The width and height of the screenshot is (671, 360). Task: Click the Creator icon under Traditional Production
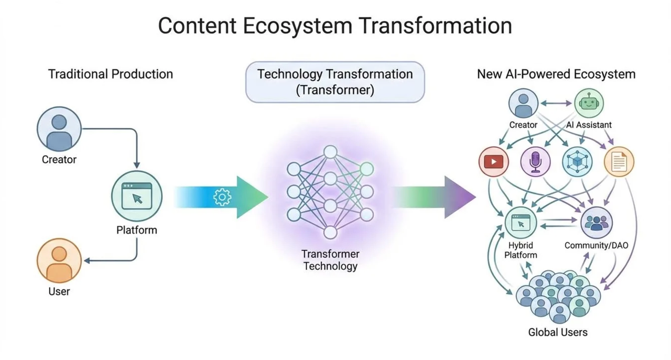(59, 128)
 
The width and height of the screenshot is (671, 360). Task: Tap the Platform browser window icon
(137, 196)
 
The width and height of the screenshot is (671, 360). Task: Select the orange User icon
(59, 260)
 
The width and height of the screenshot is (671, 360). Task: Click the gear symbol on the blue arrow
(222, 197)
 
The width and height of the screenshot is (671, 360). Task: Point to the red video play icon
(493, 161)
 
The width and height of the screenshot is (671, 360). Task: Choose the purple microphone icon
(535, 161)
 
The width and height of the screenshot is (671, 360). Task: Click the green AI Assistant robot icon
(589, 103)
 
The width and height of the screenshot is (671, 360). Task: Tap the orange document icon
(619, 161)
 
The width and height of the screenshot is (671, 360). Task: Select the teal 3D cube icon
(577, 161)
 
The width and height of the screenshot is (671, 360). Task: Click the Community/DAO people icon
(596, 222)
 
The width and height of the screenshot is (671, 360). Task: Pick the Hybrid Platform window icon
(521, 222)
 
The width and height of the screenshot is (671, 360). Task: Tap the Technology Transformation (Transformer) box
(335, 81)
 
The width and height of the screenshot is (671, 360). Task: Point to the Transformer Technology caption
(330, 260)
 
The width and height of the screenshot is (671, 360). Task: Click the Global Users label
(558, 332)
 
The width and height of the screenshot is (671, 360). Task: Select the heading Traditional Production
(111, 74)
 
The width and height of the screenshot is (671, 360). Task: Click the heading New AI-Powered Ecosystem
(556, 74)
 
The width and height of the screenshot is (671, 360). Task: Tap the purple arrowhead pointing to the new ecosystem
(460, 197)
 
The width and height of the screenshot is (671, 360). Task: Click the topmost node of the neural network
(330, 152)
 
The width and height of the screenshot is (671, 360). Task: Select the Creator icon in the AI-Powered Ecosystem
(523, 103)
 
